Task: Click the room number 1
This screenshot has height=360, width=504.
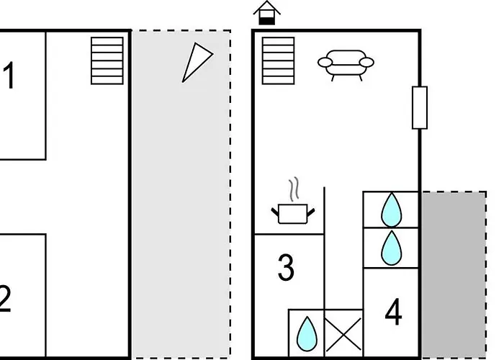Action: coord(9,75)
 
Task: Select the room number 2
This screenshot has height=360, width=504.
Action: coord(5,299)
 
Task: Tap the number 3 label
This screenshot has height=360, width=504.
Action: coord(286,267)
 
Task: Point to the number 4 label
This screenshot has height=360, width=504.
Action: coord(393,312)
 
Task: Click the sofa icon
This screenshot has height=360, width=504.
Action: coord(346,64)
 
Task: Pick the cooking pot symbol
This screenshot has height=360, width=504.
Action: coord(293,214)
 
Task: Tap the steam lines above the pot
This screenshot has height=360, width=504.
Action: coord(294,189)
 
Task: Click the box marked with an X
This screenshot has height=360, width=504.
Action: coord(343,333)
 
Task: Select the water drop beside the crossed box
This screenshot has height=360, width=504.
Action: coord(307,334)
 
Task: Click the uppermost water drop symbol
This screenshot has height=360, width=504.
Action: coord(391,210)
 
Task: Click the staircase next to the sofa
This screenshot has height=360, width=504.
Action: coord(279,60)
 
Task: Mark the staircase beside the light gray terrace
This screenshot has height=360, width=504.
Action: coord(107,60)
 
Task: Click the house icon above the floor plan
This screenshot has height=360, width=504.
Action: coord(267,13)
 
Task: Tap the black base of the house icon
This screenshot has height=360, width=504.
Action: coord(267,21)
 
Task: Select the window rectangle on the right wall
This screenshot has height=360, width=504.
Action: coord(420,108)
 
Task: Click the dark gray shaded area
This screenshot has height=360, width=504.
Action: coord(454,274)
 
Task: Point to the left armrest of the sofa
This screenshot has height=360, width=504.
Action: coord(325,63)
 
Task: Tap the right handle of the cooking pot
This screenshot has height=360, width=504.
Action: coord(311,212)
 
